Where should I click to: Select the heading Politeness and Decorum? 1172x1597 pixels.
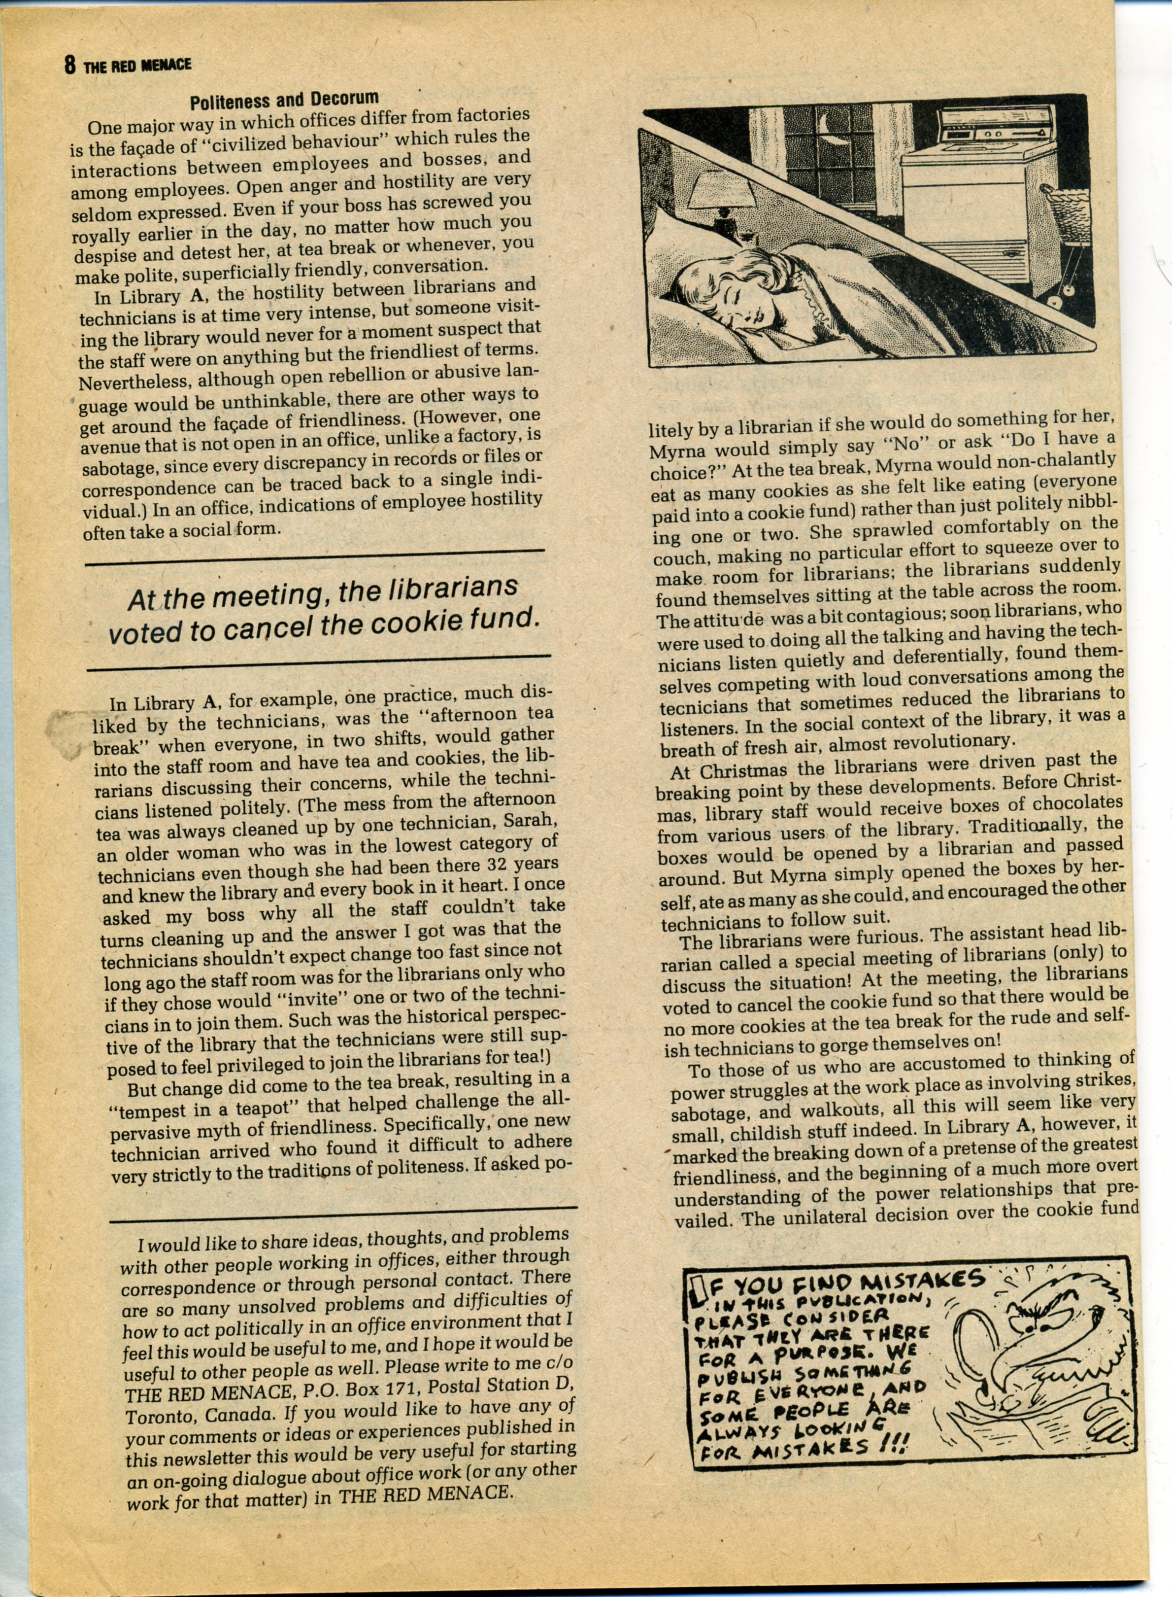coord(284,100)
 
